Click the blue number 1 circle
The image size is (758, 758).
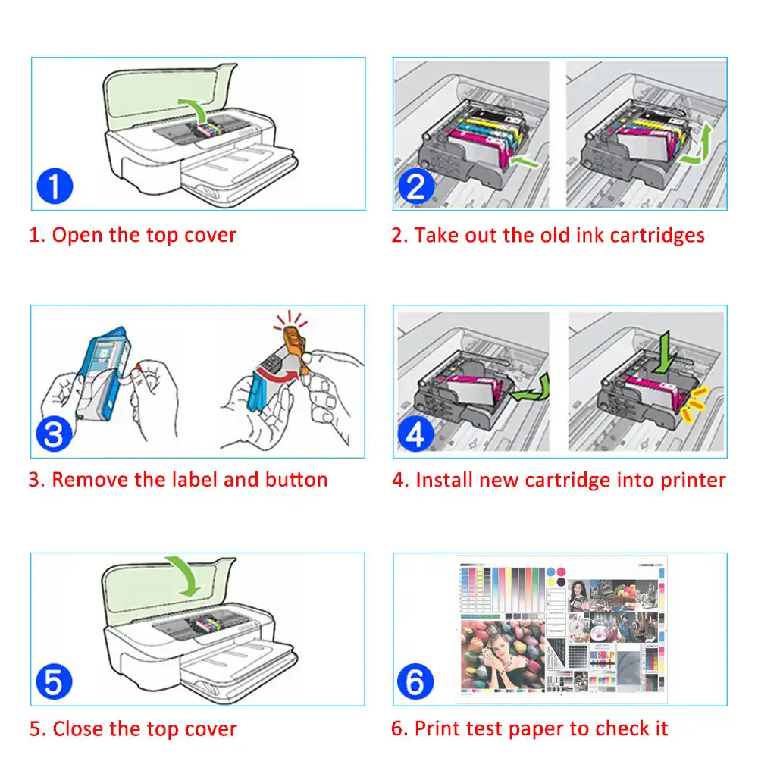[x=54, y=186]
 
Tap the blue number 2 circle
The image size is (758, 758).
[x=415, y=186]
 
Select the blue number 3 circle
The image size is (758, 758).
[x=54, y=434]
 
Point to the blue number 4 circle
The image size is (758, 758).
[x=415, y=434]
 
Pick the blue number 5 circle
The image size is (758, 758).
[x=54, y=682]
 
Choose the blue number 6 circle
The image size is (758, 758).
[x=415, y=682]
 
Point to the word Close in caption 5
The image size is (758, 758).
[x=78, y=729]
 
